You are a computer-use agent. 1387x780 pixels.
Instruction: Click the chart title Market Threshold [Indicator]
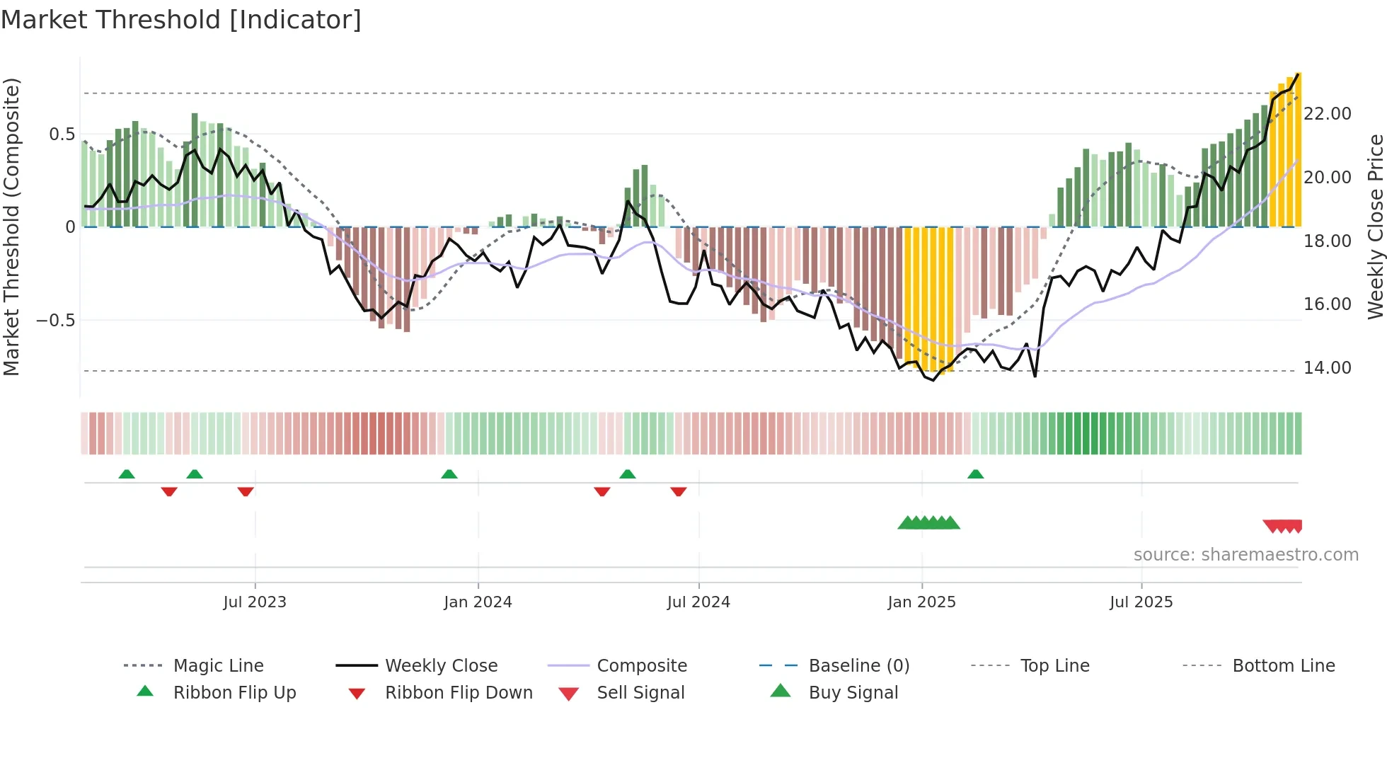coord(181,20)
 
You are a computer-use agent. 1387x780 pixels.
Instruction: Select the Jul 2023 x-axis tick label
coord(255,602)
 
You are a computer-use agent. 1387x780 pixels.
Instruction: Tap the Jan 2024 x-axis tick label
coord(478,602)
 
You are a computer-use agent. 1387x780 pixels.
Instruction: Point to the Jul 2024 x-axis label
coord(698,602)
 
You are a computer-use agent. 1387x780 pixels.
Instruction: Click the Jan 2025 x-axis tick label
coord(921,602)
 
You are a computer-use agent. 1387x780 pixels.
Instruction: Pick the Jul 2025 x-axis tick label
coord(1141,602)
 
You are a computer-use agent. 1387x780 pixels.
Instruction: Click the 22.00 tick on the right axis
coord(1328,114)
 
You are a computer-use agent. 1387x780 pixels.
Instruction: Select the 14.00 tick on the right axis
coord(1328,368)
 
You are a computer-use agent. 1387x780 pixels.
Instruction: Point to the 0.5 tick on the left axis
coord(62,134)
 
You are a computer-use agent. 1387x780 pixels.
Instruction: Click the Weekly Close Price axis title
coord(1375,226)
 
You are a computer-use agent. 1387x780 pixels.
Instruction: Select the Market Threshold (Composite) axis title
coord(11,226)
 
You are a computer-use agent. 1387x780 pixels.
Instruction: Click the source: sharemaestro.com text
coord(1245,555)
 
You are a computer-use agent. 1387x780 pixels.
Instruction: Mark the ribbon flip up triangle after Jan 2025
coord(975,474)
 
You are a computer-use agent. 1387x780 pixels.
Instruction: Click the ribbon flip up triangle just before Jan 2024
coord(449,474)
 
